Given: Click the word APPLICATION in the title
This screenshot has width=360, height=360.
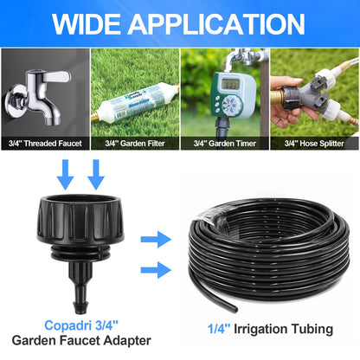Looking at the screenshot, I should (x=217, y=22).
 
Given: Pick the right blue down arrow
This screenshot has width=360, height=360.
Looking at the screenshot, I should (x=96, y=177).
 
